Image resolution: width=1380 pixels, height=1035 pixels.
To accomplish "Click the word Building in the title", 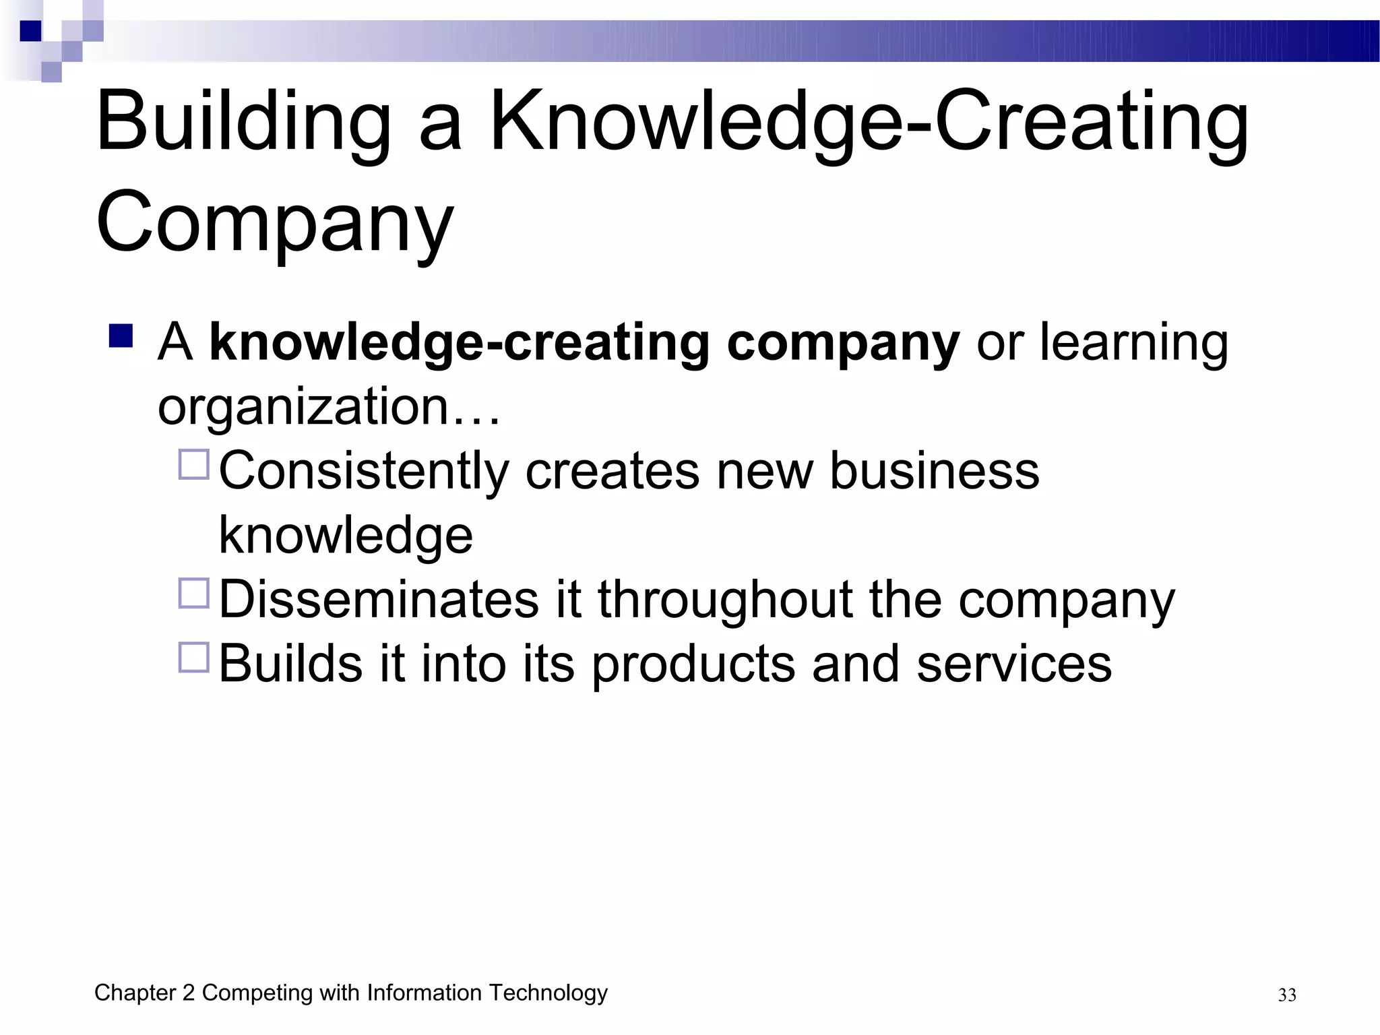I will coord(243,123).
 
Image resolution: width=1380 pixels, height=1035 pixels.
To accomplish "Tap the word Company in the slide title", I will coord(274,222).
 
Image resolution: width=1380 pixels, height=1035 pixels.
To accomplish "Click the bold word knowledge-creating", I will coord(460,342).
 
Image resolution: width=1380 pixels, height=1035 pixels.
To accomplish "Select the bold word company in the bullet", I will coord(843,342).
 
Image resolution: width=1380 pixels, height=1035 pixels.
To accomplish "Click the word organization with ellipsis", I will coord(329,406).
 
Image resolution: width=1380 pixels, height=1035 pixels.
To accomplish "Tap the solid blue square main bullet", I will coord(121,336).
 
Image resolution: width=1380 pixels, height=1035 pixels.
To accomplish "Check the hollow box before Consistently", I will coord(194,464).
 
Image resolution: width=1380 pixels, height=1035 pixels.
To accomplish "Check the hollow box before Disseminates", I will coord(194,593).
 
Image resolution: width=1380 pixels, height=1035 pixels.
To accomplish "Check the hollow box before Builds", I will coord(194,657).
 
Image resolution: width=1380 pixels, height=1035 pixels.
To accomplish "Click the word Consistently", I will coord(364,470).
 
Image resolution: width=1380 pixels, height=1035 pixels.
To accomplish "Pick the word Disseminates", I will coord(379,599).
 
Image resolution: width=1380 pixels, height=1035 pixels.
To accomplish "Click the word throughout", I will coord(725,599).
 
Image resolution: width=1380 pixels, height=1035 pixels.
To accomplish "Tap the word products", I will coord(693,664).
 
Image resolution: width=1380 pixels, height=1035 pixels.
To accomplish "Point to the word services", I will coord(1014,664).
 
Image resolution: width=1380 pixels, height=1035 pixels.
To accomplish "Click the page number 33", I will coord(1287,995).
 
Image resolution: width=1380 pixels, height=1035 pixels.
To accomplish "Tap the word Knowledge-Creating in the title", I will coord(869,123).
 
